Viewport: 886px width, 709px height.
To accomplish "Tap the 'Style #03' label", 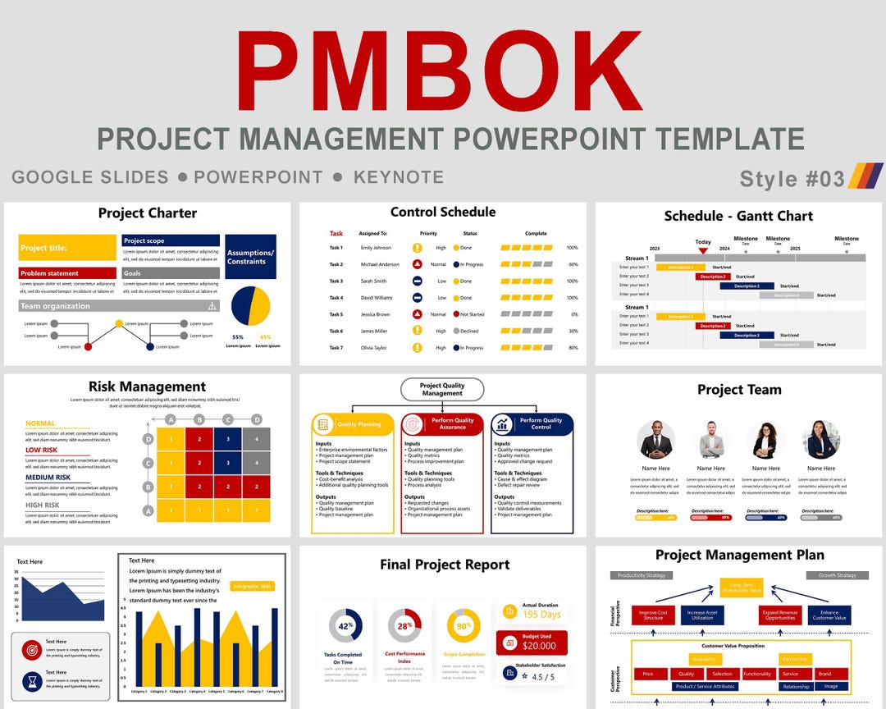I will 792,178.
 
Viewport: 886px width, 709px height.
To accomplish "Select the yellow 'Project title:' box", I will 67,248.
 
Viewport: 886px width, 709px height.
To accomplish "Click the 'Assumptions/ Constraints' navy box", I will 250,257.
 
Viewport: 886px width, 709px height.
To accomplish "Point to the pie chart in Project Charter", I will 250,306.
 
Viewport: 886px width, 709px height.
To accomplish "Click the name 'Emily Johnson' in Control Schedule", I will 377,248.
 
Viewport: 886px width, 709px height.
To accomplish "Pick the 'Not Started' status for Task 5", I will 472,314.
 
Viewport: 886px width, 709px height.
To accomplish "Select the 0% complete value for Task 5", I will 573,314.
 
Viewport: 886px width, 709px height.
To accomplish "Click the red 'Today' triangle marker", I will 703,251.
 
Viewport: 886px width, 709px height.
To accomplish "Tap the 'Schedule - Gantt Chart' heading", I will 738,216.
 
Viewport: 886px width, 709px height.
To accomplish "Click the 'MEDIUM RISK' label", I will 48,478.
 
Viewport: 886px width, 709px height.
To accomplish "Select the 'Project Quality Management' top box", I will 442,389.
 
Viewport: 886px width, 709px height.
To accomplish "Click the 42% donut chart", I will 345,625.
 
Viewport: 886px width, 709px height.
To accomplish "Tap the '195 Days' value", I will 541,615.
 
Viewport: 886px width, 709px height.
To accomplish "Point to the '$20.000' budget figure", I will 539,646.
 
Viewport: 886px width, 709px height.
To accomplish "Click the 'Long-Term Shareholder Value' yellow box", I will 741,588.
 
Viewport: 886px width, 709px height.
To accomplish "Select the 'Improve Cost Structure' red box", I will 653,615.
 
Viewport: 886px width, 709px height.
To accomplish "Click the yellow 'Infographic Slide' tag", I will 253,586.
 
